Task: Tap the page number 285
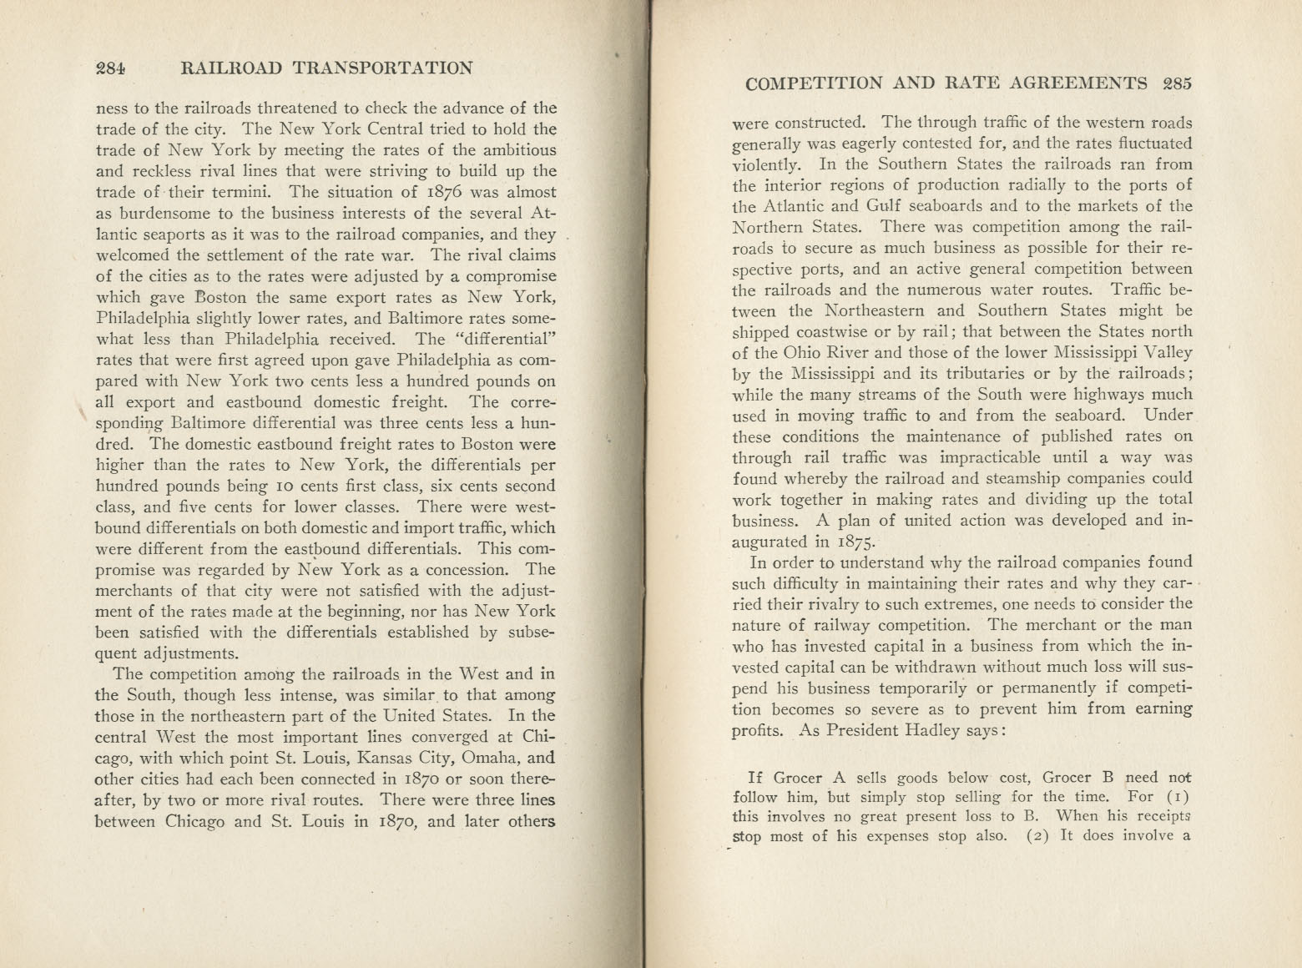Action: point(1177,83)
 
